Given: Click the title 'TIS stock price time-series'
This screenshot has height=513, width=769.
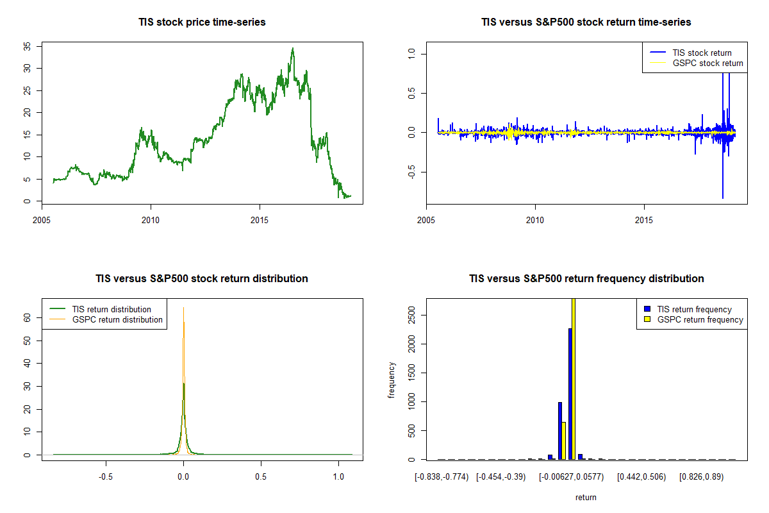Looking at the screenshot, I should tap(202, 22).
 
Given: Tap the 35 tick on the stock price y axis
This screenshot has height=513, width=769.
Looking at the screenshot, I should tap(27, 46).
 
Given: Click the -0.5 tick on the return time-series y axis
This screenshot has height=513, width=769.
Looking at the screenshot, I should tap(411, 172).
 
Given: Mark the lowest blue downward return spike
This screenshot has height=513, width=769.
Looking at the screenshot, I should tap(723, 198).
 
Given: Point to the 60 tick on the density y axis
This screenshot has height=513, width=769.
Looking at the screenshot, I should tap(27, 317).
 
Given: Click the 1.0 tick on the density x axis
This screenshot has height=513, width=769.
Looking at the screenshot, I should tap(338, 478).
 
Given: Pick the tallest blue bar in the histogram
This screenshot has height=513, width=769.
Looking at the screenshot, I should tap(570, 394).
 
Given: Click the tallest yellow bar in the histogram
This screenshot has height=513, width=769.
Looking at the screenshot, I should tap(574, 378).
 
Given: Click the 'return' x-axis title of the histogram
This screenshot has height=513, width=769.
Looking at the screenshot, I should tap(586, 497).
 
